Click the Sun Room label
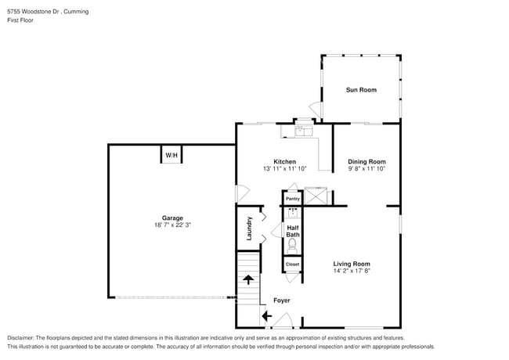[361, 90]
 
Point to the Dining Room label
[366, 161]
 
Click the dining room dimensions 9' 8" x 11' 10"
[366, 168]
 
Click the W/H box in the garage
[171, 156]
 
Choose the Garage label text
[172, 218]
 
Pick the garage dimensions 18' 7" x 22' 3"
[172, 225]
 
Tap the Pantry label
[292, 199]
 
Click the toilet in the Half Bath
[293, 244]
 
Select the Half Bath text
[292, 231]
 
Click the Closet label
[292, 265]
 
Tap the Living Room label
[352, 264]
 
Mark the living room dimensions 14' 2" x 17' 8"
[352, 271]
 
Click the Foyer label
[281, 301]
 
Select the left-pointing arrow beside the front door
[266, 316]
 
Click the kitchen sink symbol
[299, 131]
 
